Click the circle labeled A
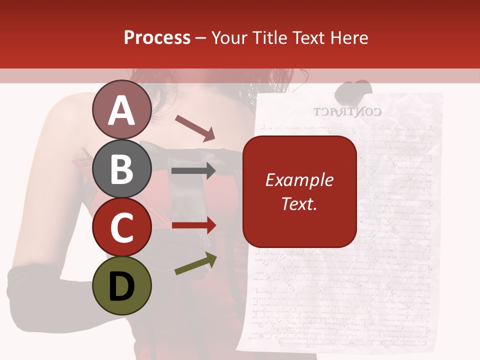coord(122,110)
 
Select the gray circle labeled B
coord(122,169)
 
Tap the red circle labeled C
coord(122,227)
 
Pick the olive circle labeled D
coord(122,286)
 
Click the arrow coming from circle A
coord(195,128)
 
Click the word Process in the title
coord(157,38)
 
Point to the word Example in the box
coord(299,180)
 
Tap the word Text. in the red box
coord(299,203)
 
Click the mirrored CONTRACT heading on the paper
coord(347,111)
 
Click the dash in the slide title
coord(201,38)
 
